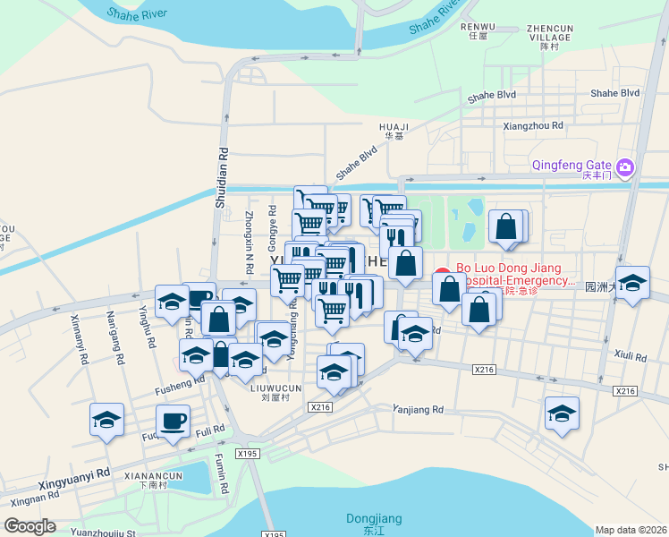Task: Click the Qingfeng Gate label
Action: point(571,165)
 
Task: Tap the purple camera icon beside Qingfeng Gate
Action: point(624,166)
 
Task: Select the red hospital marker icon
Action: point(441,276)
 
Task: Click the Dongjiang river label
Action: point(374,519)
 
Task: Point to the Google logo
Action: point(30,526)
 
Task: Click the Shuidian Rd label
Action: point(221,179)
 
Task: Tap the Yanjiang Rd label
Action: point(418,409)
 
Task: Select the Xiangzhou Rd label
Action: point(533,126)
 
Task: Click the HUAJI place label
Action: point(394,127)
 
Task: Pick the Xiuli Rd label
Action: point(631,356)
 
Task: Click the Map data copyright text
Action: point(631,530)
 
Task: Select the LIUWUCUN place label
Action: point(275,388)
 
